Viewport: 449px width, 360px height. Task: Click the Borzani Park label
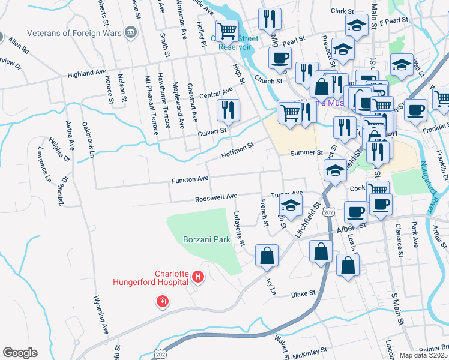[207, 239]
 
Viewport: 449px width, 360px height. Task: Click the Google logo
[20, 353]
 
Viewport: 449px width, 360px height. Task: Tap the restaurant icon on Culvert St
[228, 111]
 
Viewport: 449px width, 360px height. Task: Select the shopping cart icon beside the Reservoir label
[227, 31]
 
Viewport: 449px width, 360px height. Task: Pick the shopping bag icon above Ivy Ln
[266, 256]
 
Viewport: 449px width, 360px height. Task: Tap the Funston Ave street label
[190, 179]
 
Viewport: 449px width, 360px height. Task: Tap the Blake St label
[303, 294]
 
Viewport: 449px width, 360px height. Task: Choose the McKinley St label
[310, 349]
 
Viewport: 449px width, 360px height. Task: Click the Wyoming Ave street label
[102, 315]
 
